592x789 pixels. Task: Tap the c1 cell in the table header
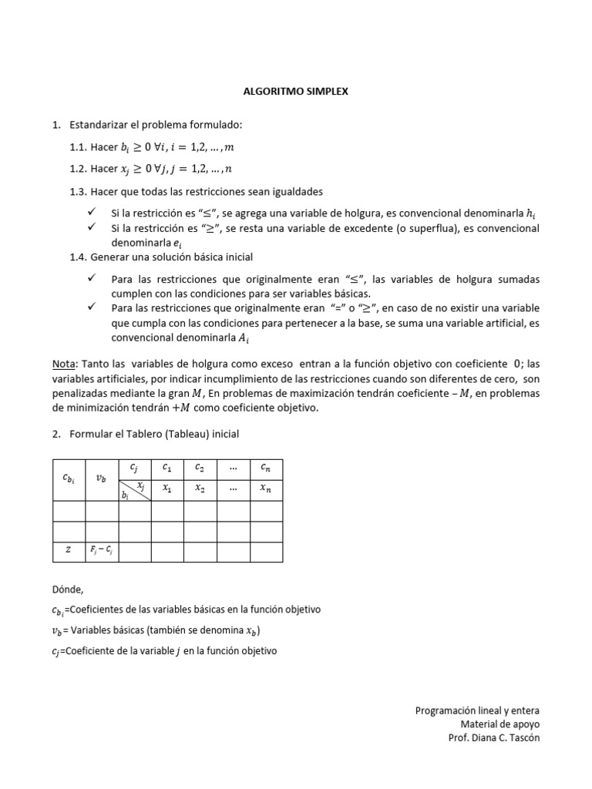(167, 468)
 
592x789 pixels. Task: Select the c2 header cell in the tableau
(200, 468)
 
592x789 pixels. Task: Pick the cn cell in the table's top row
(265, 468)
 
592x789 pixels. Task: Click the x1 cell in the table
(167, 489)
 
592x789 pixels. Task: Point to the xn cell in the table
(265, 489)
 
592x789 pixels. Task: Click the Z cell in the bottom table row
(69, 551)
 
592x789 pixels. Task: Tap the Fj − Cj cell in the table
(102, 551)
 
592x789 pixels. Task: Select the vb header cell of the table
(102, 478)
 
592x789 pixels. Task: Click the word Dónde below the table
(66, 589)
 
